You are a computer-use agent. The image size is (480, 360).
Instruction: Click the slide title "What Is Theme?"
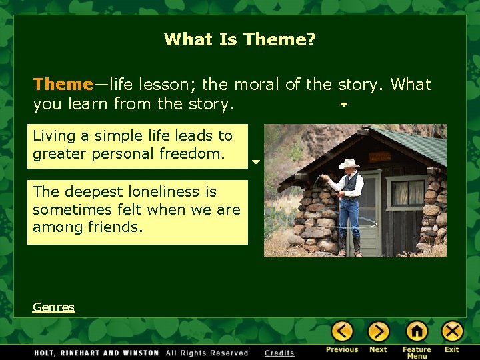(x=240, y=39)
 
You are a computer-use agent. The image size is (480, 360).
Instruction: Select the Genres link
(x=53, y=307)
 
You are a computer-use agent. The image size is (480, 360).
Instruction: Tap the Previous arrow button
(x=343, y=331)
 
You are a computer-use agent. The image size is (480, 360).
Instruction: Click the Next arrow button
(x=379, y=331)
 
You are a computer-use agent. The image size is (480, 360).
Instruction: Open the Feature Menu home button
(x=417, y=331)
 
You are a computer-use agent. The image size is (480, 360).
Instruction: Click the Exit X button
(x=453, y=331)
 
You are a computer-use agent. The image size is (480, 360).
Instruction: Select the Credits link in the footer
(x=279, y=353)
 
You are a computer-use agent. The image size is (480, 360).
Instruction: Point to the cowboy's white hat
(x=349, y=163)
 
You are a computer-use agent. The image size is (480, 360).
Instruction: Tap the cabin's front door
(x=370, y=207)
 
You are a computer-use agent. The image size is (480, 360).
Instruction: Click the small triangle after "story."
(x=344, y=105)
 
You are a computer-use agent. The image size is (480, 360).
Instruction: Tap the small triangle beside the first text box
(x=255, y=162)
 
